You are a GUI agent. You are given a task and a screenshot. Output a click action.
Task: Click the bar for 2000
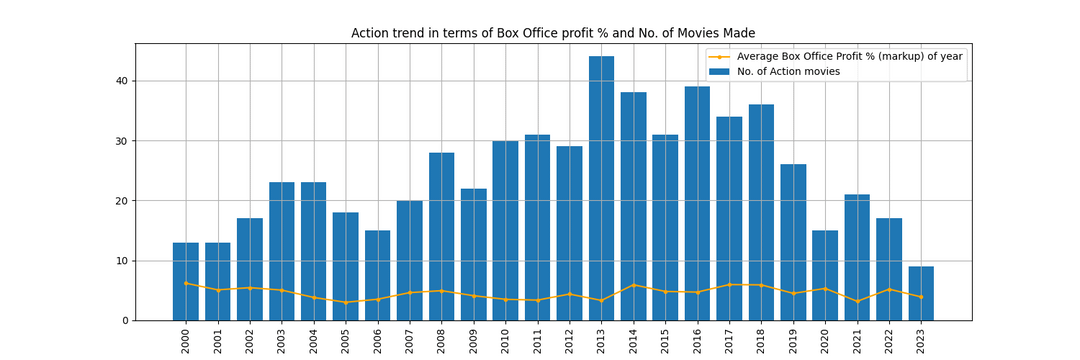tap(186, 281)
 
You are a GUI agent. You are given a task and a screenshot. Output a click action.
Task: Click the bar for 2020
tap(825, 275)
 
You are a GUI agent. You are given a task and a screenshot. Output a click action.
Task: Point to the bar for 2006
tap(378, 275)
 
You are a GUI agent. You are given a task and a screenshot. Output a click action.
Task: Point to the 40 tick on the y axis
tap(119, 81)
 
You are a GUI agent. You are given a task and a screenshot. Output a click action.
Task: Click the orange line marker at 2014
tap(633, 285)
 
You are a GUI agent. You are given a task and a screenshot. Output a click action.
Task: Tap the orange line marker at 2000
tap(186, 283)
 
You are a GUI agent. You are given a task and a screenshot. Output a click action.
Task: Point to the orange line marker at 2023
tap(921, 297)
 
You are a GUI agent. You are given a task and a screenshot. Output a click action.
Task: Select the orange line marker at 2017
tap(729, 284)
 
